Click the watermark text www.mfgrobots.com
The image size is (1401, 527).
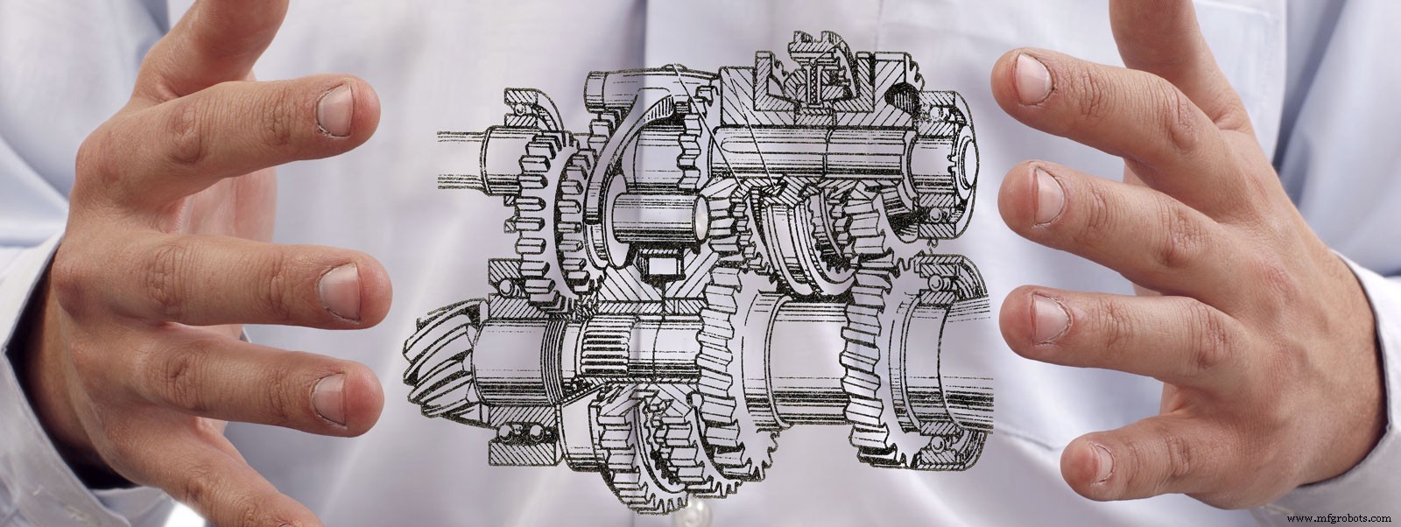(x=1340, y=516)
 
